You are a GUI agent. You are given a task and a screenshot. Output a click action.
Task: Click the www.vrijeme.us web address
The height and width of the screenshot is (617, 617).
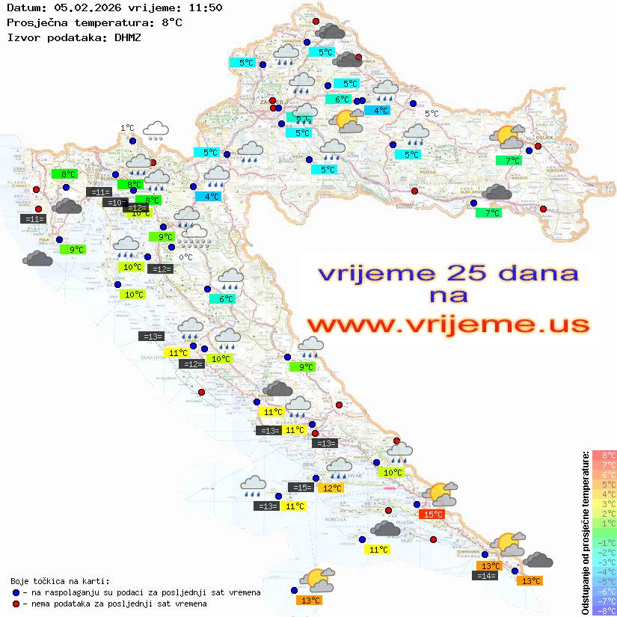click(x=447, y=325)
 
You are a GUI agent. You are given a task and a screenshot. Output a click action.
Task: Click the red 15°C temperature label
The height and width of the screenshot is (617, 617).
click(x=433, y=514)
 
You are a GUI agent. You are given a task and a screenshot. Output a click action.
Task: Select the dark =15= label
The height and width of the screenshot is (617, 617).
click(x=301, y=488)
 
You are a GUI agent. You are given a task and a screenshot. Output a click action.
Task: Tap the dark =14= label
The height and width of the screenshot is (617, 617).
click(x=485, y=575)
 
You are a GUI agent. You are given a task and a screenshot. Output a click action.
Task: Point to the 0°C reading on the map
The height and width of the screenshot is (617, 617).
click(x=185, y=257)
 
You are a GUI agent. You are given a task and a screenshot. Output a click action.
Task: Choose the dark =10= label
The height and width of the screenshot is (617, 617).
click(x=116, y=203)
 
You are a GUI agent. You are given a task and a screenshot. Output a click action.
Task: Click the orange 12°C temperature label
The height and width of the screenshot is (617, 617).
click(x=331, y=488)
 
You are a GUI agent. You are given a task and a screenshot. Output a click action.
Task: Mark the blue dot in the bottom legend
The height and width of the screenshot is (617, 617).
click(x=16, y=592)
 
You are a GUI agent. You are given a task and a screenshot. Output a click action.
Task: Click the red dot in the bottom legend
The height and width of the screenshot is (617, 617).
click(x=16, y=604)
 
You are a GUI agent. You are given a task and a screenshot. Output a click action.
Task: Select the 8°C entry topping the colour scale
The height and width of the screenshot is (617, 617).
click(x=604, y=455)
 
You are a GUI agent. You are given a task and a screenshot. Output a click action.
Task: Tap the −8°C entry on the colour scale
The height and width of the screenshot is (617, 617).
click(x=604, y=611)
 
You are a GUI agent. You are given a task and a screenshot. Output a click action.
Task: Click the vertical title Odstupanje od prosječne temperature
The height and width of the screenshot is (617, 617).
click(x=584, y=532)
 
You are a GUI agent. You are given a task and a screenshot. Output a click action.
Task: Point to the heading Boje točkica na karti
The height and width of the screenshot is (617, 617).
click(x=60, y=581)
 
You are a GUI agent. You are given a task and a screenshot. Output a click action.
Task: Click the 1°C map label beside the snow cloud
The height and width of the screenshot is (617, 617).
click(x=127, y=128)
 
